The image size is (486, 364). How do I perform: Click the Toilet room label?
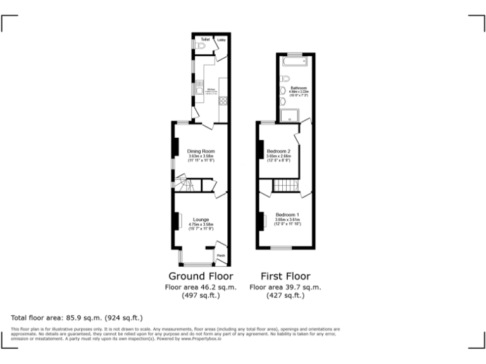tap(204, 40)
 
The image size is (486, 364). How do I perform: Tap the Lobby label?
tap(221, 40)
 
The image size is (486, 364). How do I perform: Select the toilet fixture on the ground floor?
tap(200, 46)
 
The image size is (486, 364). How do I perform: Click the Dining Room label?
tap(201, 152)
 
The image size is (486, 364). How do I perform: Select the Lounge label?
tap(201, 220)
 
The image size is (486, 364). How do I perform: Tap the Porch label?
tap(221, 255)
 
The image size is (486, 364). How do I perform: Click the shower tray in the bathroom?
tap(290, 115)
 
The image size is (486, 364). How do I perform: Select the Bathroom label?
tap(299, 88)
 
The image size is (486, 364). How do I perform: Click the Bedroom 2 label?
tap(278, 152)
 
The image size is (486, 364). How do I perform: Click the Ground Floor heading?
tap(201, 276)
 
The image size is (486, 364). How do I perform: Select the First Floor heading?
tap(285, 276)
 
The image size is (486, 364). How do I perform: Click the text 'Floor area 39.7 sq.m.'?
tap(285, 287)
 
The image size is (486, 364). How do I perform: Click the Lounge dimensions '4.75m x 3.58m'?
tap(201, 224)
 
